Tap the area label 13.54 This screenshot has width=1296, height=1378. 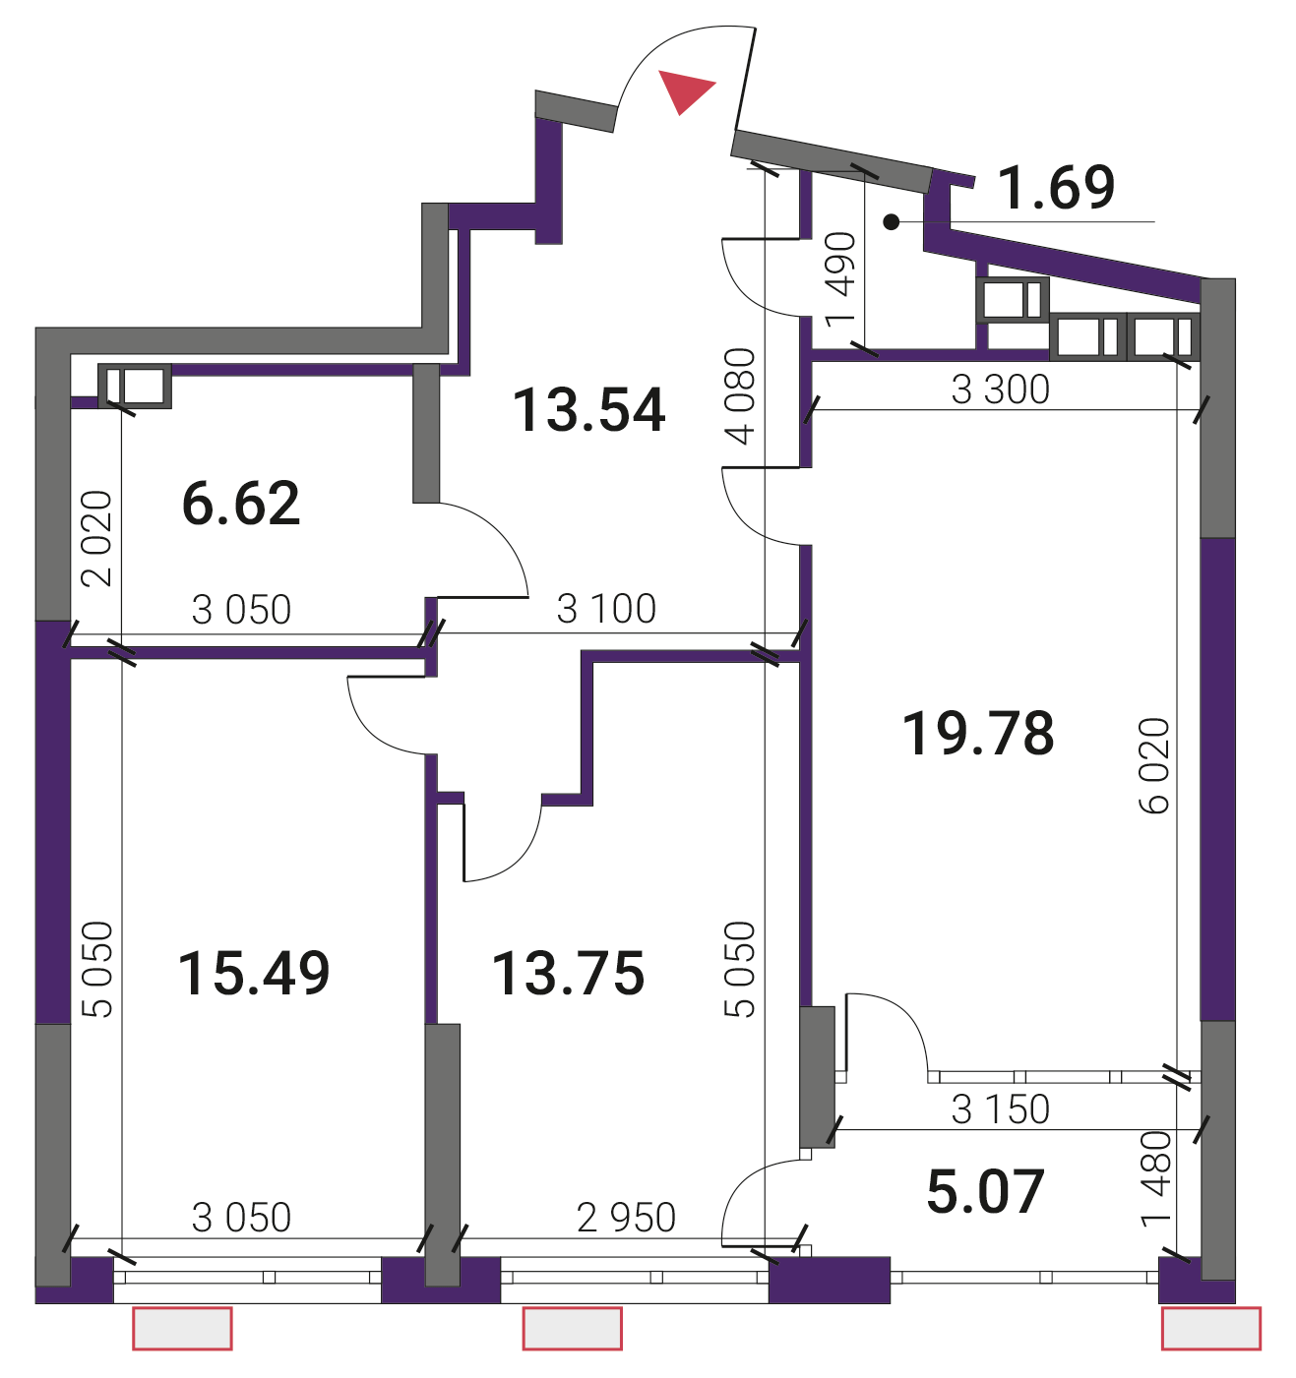tap(589, 411)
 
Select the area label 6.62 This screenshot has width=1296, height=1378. tap(241, 503)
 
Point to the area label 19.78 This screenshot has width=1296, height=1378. tap(978, 733)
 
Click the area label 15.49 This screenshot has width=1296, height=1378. tap(254, 974)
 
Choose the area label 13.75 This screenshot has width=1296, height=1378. tap(568, 974)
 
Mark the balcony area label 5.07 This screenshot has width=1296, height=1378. tap(986, 1191)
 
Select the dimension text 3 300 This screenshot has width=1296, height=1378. tap(1000, 389)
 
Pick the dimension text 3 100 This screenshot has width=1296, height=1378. tap(606, 609)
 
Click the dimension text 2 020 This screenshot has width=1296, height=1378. tap(97, 538)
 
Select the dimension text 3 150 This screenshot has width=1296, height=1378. tap(1000, 1109)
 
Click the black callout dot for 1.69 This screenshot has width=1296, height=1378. tap(892, 222)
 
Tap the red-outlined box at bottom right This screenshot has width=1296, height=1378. tap(1211, 1329)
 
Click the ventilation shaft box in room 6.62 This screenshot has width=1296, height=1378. tap(135, 386)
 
